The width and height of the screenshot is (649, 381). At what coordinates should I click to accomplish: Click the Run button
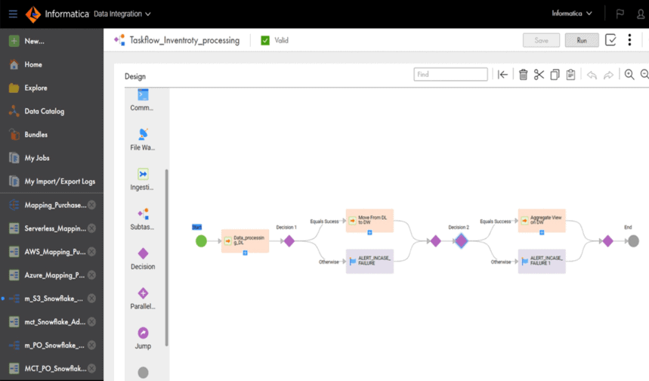click(581, 40)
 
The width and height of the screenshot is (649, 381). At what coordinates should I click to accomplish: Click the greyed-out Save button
click(541, 40)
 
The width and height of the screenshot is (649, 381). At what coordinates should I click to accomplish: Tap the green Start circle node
click(201, 241)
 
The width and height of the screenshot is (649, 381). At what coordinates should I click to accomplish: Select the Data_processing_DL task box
click(245, 241)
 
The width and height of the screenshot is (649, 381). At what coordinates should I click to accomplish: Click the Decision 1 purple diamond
click(289, 241)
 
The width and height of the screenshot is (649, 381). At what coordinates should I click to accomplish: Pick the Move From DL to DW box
click(369, 221)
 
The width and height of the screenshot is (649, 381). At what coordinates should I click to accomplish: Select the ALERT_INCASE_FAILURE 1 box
click(542, 262)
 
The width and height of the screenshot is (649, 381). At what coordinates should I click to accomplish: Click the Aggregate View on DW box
click(542, 221)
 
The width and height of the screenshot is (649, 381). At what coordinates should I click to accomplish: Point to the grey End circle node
click(633, 241)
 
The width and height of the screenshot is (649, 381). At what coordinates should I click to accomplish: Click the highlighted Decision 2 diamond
click(461, 241)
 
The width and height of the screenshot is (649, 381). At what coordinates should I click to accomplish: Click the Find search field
click(450, 74)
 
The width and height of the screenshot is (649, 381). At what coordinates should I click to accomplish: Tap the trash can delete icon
click(523, 74)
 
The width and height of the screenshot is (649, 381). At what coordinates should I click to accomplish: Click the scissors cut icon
click(539, 74)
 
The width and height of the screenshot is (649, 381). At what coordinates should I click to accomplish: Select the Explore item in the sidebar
click(35, 88)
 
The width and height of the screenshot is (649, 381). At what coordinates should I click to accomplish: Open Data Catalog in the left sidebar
click(44, 111)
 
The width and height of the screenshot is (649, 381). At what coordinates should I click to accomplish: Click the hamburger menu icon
click(13, 14)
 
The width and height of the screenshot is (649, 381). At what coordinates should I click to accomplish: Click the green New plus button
click(14, 41)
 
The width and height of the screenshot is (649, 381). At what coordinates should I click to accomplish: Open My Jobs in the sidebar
click(36, 158)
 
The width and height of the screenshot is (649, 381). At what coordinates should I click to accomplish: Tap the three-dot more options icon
click(629, 40)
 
